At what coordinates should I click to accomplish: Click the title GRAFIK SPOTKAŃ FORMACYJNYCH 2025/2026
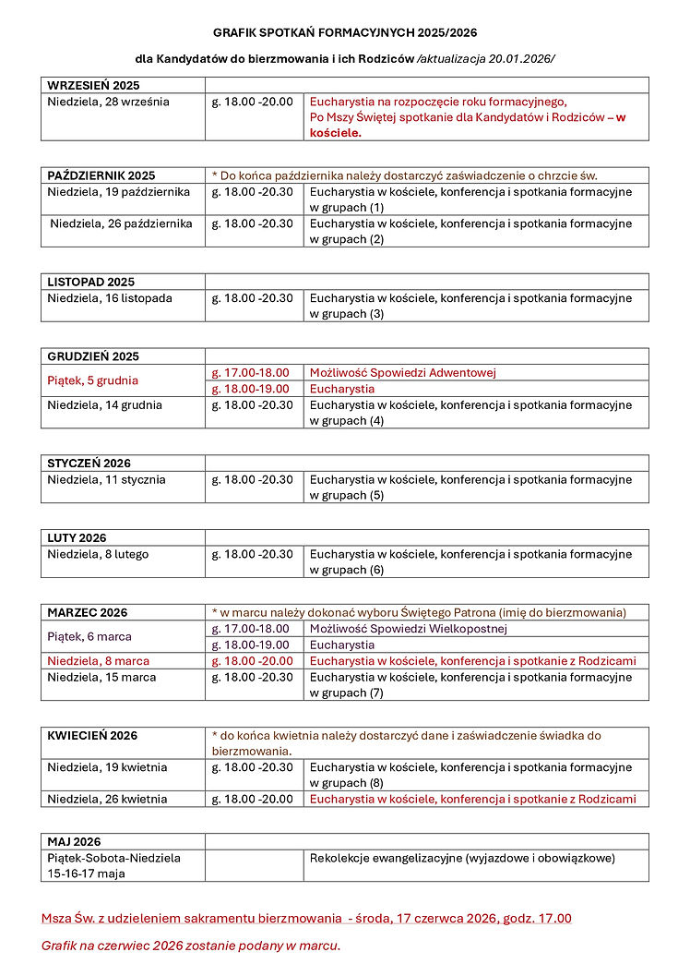click(345, 31)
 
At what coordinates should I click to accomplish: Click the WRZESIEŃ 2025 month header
click(93, 85)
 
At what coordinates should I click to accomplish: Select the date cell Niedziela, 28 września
click(108, 102)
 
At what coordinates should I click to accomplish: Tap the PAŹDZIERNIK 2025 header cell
click(101, 175)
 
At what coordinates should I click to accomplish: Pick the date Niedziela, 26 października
click(121, 223)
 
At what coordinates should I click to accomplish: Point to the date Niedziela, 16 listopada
click(110, 298)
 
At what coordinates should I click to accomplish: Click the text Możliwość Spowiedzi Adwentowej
click(403, 373)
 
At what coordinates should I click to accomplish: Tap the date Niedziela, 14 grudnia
click(104, 404)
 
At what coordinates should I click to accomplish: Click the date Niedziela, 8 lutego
click(98, 554)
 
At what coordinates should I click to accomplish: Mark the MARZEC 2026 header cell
click(88, 612)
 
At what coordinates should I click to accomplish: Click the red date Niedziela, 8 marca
click(99, 661)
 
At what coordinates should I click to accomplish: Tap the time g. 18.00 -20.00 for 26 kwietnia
click(252, 799)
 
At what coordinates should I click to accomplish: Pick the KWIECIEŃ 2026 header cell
click(92, 735)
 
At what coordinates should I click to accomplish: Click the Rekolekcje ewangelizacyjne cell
click(462, 858)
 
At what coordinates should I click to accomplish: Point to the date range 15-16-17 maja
click(88, 873)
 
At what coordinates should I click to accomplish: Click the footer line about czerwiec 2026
click(191, 946)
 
